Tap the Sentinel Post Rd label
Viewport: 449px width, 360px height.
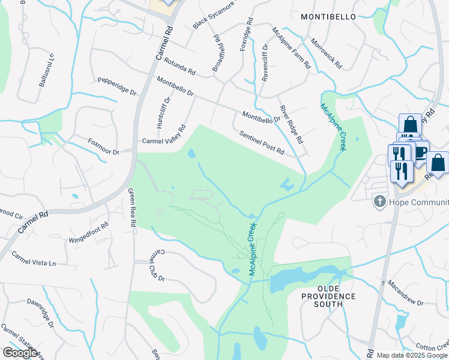(261, 143)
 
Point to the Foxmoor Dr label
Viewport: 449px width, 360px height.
(104, 148)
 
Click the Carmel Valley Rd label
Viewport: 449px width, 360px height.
(164, 136)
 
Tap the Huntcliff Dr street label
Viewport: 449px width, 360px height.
(160, 112)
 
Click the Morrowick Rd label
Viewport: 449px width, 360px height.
(326, 53)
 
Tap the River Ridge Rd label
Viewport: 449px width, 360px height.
(291, 124)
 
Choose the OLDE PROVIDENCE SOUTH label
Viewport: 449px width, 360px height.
(328, 301)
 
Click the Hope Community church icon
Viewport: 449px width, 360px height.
(379, 202)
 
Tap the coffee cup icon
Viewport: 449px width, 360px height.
(420, 151)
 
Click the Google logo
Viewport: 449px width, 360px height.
(20, 353)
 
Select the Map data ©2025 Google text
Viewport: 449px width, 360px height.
(412, 355)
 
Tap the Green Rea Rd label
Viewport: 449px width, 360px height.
(132, 208)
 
